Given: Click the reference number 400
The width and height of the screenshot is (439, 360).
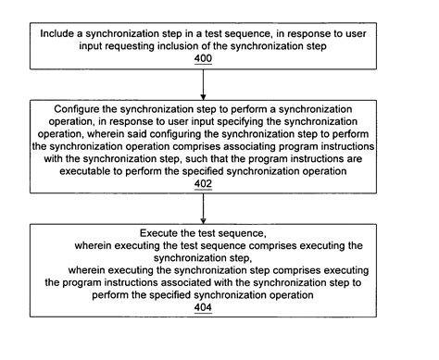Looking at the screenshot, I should [x=202, y=57].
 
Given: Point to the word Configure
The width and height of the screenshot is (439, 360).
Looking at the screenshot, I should [x=75, y=108].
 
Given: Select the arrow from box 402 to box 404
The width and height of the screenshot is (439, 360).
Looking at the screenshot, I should [x=202, y=209].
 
